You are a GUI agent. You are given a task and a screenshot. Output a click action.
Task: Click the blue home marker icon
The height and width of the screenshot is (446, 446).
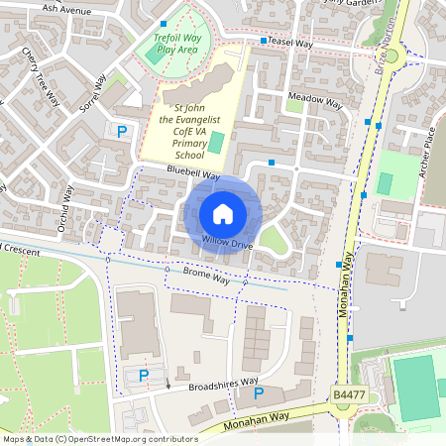click(223, 213)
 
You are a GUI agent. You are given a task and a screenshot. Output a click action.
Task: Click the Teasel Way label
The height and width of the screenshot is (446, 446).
click(292, 44)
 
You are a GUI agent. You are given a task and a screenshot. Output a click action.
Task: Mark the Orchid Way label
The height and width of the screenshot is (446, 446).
click(65, 203)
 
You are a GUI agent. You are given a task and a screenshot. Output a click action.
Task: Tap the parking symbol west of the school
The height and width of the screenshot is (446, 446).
click(122, 131)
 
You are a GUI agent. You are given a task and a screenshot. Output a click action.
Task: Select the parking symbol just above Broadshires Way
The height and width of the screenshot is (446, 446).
click(145, 375)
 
